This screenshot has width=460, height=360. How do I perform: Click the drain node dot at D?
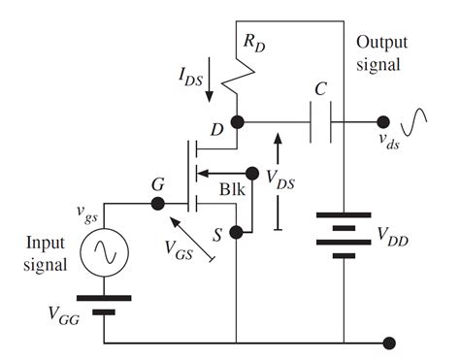tap(238, 123)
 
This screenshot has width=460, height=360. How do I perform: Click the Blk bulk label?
tap(233, 189)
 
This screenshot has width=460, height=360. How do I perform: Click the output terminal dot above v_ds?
tap(384, 123)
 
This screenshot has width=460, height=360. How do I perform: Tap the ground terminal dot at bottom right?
tap(390, 343)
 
